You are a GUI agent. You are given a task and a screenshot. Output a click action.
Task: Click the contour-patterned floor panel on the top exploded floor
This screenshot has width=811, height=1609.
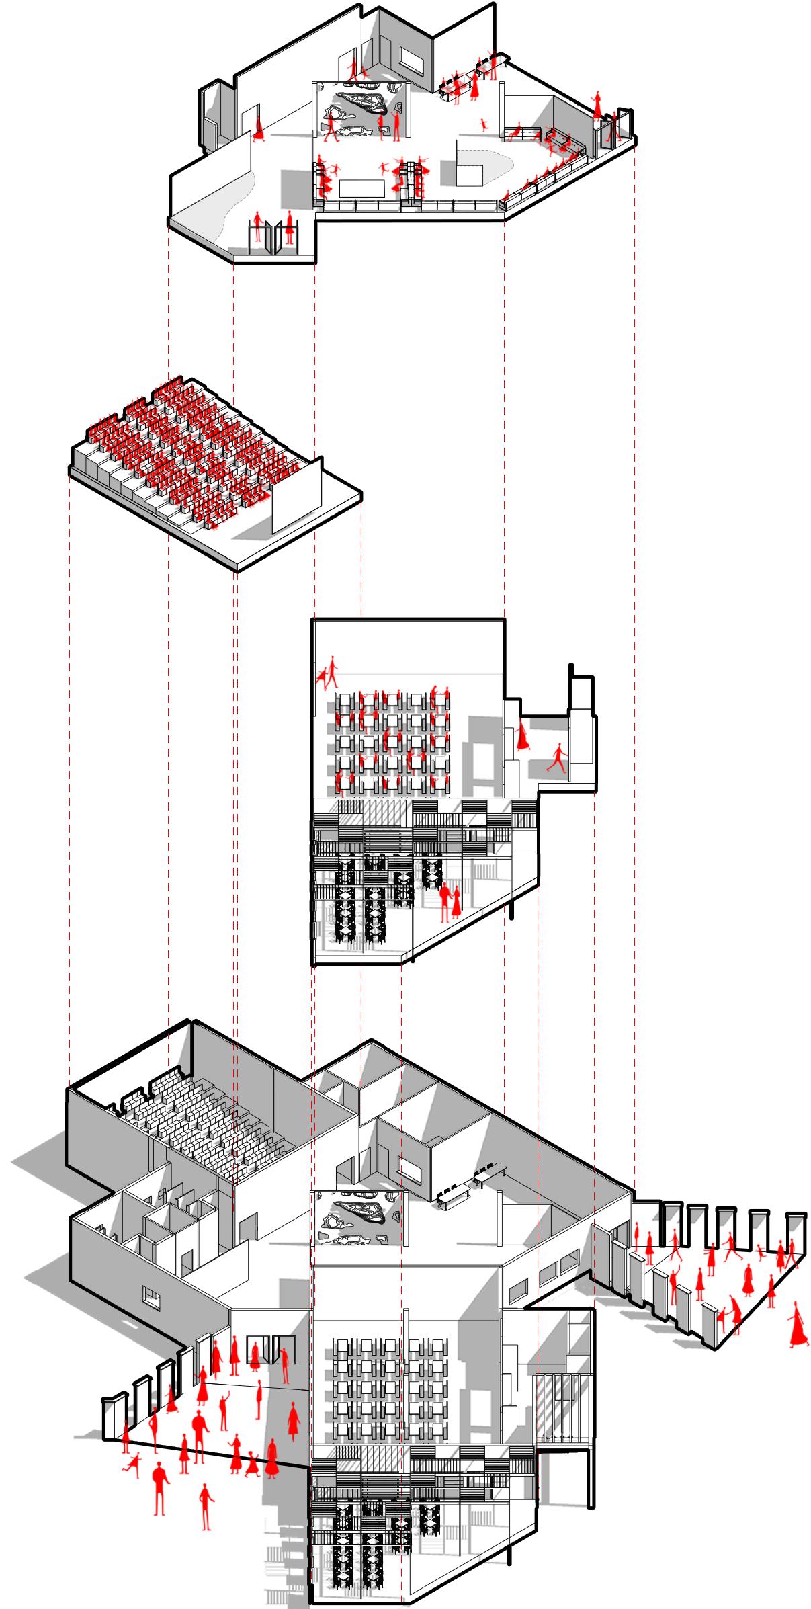tap(360, 111)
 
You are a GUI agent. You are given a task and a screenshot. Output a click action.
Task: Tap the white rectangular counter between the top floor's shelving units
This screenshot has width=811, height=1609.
tap(360, 188)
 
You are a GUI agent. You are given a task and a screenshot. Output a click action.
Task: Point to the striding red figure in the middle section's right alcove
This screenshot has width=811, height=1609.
tap(557, 757)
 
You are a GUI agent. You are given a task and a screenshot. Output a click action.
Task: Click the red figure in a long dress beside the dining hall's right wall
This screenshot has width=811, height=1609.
tap(523, 737)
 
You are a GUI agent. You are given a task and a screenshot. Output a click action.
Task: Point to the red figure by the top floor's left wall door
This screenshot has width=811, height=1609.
tap(258, 128)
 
